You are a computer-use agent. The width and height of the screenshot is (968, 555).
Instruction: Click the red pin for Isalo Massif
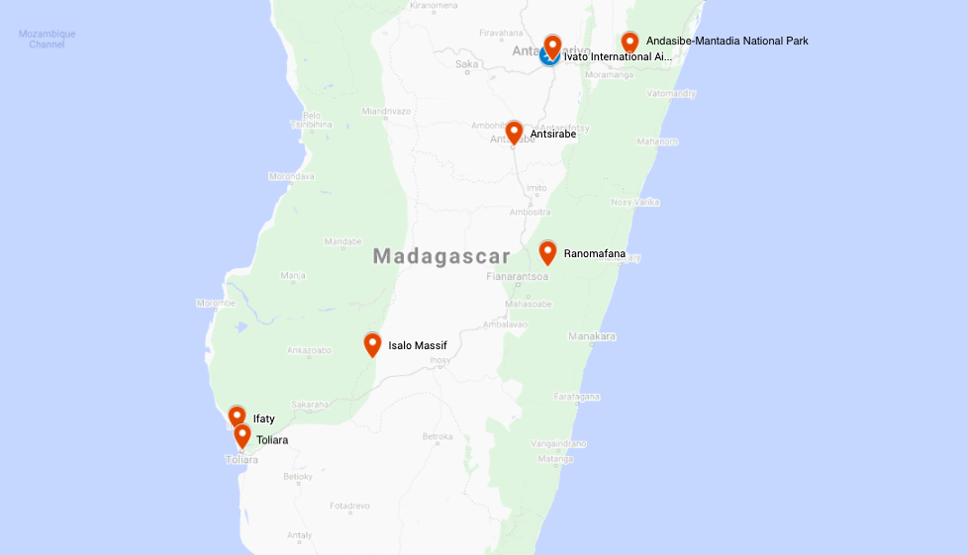pyautogui.click(x=372, y=344)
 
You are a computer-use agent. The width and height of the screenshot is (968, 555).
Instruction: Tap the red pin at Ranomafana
pyautogui.click(x=547, y=252)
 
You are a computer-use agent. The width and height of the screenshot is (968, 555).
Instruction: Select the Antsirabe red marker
pyautogui.click(x=514, y=133)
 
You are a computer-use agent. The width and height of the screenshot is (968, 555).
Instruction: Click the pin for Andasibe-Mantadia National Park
pyautogui.click(x=629, y=42)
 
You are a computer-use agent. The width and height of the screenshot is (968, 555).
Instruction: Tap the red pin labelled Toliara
pyautogui.click(x=242, y=435)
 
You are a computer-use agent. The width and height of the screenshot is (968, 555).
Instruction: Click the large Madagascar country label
pyautogui.click(x=441, y=256)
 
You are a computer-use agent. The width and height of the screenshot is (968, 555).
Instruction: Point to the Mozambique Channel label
pyautogui.click(x=47, y=39)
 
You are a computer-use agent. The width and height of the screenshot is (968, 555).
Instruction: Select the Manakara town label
pyautogui.click(x=592, y=336)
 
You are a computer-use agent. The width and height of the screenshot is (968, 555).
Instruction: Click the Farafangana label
pyautogui.click(x=577, y=396)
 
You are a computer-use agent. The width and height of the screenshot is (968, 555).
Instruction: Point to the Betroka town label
pyautogui.click(x=437, y=436)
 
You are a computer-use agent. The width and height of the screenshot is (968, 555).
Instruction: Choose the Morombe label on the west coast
pyautogui.click(x=216, y=303)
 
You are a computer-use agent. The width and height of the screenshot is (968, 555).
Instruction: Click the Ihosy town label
pyautogui.click(x=439, y=360)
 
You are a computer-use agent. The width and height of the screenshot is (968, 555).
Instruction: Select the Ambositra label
pyautogui.click(x=530, y=212)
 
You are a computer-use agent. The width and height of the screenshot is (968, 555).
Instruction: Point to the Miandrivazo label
pyautogui.click(x=386, y=111)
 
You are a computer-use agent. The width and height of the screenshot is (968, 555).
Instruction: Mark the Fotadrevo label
pyautogui.click(x=348, y=506)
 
